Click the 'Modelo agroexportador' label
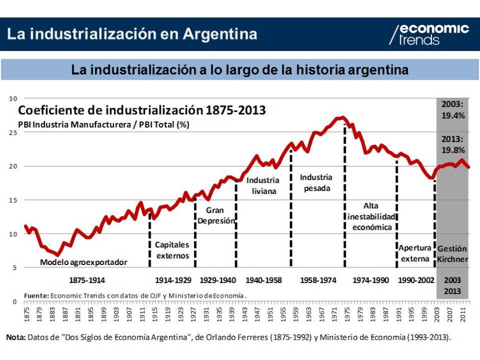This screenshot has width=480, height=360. [x=83, y=262]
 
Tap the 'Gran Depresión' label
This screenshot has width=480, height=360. [x=215, y=215]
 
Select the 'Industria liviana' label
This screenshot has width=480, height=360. [x=263, y=186]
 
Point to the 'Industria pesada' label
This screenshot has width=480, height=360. [x=316, y=183]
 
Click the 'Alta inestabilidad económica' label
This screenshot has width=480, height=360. [x=371, y=217]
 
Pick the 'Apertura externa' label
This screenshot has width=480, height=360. [x=415, y=253]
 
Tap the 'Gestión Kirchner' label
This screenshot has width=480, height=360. [x=452, y=254]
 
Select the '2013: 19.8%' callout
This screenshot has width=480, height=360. [x=453, y=145]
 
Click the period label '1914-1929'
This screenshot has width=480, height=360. [x=173, y=280]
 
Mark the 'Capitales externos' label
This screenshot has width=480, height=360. [x=172, y=250]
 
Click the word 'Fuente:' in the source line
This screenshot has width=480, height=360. [x=36, y=295]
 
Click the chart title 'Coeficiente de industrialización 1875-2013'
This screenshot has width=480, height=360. [x=142, y=110]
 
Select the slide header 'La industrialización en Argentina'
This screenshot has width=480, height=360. [x=132, y=34]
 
